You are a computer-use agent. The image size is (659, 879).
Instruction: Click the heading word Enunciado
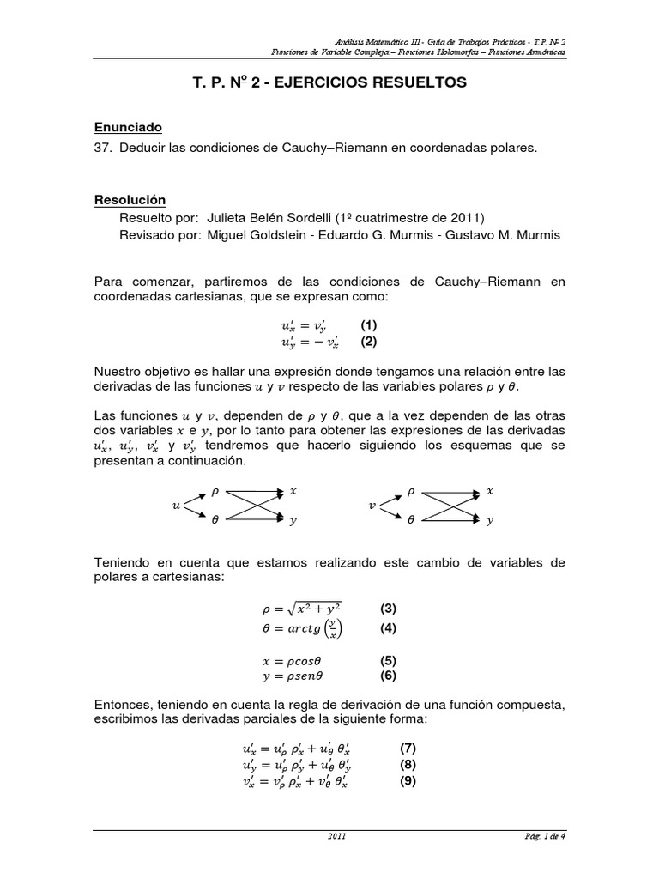tap(128, 128)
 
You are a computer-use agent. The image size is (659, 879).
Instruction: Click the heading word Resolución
tap(129, 199)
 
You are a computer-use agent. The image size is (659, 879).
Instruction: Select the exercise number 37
tap(103, 149)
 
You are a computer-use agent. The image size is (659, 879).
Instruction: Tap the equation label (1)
tap(369, 325)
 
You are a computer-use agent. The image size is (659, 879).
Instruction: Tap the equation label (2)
tap(369, 341)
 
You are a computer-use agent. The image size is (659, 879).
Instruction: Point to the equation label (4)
tap(389, 627)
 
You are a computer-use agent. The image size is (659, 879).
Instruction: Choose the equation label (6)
tap(389, 676)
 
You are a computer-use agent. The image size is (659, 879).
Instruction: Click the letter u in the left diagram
tap(177, 506)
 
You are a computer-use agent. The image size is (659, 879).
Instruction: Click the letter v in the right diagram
tap(372, 506)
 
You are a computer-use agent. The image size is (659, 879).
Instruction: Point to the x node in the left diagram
tap(293, 491)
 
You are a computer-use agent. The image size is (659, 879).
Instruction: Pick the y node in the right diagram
tap(490, 520)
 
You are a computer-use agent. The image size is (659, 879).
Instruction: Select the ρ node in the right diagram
tap(411, 492)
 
